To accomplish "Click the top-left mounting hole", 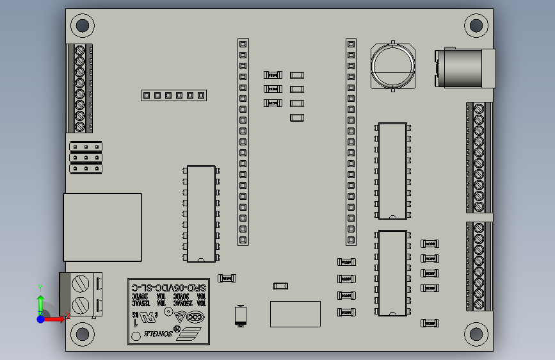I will coord(82,26).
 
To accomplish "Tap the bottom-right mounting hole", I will coord(476,334).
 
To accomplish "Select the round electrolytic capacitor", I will coord(392,66).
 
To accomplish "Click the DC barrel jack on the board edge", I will coord(466,68).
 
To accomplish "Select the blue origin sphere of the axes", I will coord(41,318).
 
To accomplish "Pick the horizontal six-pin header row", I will coord(173,95).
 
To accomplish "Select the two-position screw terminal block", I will coord(81,294).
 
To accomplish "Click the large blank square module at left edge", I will coord(102,227).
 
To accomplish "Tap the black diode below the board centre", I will coord(241,315).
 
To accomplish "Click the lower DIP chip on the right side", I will coord(392,274).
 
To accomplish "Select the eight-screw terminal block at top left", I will coord(80,88).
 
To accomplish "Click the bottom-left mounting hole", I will coord(82,334).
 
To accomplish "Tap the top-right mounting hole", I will coord(476,26).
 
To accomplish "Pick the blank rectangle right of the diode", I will coord(295,314).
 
